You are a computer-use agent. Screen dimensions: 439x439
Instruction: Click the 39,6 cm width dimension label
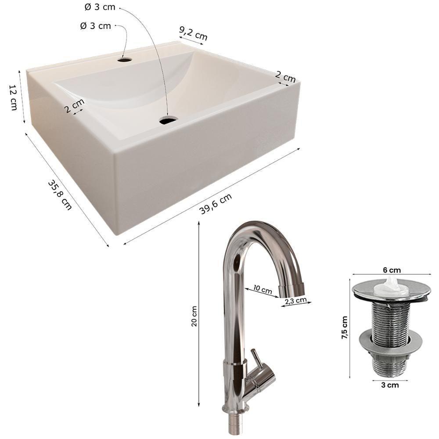(216, 204)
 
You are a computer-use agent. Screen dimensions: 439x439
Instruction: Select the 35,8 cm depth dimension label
(60, 194)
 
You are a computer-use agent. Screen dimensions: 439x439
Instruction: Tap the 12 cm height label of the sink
(13, 97)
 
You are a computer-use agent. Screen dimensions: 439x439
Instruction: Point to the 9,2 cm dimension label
(194, 34)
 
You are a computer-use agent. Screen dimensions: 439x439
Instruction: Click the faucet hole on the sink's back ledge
(125, 60)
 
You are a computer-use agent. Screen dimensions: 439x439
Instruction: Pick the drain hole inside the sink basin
(169, 120)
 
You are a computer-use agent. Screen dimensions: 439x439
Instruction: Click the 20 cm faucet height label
(194, 316)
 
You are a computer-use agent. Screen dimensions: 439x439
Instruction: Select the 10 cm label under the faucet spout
(263, 289)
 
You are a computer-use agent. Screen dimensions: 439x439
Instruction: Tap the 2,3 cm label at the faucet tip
(295, 301)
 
